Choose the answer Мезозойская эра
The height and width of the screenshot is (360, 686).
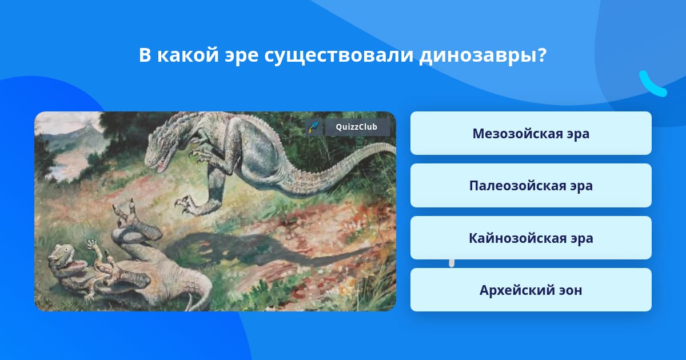(x=531, y=133)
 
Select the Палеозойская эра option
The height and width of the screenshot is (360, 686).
(x=531, y=186)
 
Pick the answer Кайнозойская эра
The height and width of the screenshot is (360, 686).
(x=531, y=238)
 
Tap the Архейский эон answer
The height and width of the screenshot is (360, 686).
(x=531, y=290)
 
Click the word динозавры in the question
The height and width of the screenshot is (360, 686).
(x=483, y=55)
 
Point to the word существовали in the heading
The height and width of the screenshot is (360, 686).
(x=339, y=56)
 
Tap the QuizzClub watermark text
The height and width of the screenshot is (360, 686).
(x=357, y=127)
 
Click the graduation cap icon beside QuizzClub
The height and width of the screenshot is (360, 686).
(x=314, y=127)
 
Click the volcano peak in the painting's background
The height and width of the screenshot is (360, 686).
(x=89, y=125)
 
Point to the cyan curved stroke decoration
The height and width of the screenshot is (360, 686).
(x=651, y=85)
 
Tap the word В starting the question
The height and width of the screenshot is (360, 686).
(x=145, y=55)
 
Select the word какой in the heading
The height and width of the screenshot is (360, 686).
(x=188, y=55)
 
